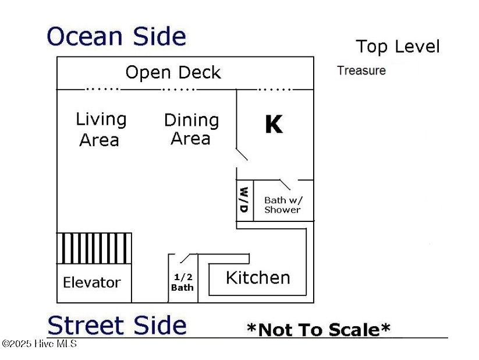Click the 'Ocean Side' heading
[116, 37]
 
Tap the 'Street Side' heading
[117, 325]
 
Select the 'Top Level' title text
[398, 47]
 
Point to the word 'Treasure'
[361, 71]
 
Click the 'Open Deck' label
[173, 73]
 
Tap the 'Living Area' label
[101, 129]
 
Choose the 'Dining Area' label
[191, 129]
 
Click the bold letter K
[274, 124]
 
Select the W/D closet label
[244, 200]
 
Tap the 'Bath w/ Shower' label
[283, 205]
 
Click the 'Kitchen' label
[257, 278]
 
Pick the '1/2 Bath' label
[182, 283]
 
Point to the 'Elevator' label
[91, 283]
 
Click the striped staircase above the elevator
[94, 248]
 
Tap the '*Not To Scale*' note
[318, 330]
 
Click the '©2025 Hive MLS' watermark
[39, 344]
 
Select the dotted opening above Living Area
[102, 89]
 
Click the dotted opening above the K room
[275, 89]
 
